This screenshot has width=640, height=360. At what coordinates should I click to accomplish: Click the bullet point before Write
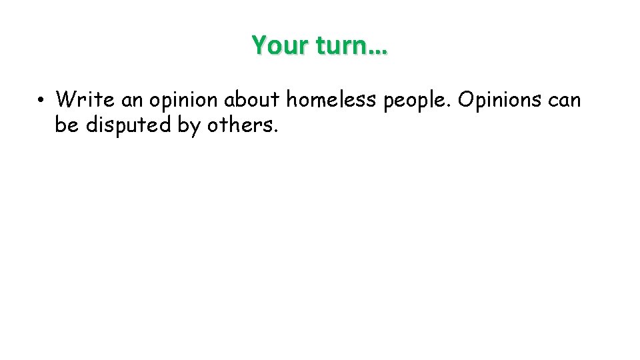[x=41, y=101]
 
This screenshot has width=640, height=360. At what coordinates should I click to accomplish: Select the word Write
[x=85, y=100]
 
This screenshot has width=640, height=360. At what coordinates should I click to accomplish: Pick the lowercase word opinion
[x=184, y=101]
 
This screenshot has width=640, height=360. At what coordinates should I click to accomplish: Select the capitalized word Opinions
[x=500, y=101]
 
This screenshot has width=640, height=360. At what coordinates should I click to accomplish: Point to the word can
[x=565, y=101]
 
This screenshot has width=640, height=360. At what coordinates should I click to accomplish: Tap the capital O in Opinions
[x=467, y=100]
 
